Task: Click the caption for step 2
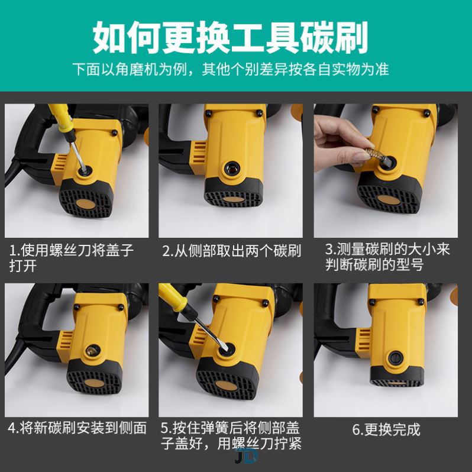pyautogui.click(x=231, y=251)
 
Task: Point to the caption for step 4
pyautogui.click(x=77, y=428)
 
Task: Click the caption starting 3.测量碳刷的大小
pyautogui.click(x=387, y=257)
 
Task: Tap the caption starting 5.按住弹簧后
pyautogui.click(x=231, y=435)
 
